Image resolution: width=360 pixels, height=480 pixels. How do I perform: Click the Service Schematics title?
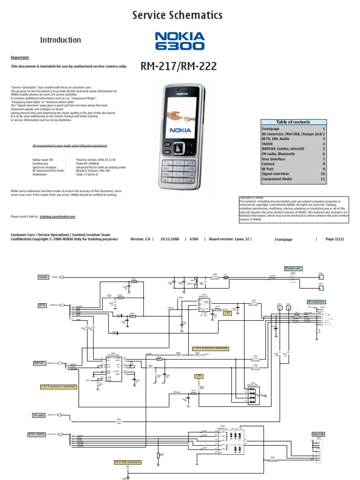coord(177,15)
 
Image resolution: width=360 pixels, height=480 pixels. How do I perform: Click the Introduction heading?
coord(60,40)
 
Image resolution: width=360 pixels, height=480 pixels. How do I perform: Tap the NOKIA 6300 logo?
coord(180,41)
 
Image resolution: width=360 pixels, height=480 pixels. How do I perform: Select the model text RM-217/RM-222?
coord(179,67)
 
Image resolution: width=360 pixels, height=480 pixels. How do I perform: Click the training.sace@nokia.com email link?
coord(57,217)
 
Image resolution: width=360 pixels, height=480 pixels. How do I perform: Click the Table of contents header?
coord(293,122)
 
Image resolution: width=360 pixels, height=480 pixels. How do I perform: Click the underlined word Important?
coord(20,57)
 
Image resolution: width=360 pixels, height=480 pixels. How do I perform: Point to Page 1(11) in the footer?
coord(335,239)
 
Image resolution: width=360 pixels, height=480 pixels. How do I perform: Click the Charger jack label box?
coord(293,269)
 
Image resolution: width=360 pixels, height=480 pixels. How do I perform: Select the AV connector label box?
coord(316,302)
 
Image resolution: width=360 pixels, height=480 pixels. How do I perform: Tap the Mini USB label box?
coord(318,435)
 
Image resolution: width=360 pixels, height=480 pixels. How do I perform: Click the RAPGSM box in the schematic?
coord(39,363)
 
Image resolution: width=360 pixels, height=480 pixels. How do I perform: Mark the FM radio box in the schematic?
coord(38,415)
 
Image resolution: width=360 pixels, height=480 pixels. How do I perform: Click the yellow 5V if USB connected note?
coord(127,462)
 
